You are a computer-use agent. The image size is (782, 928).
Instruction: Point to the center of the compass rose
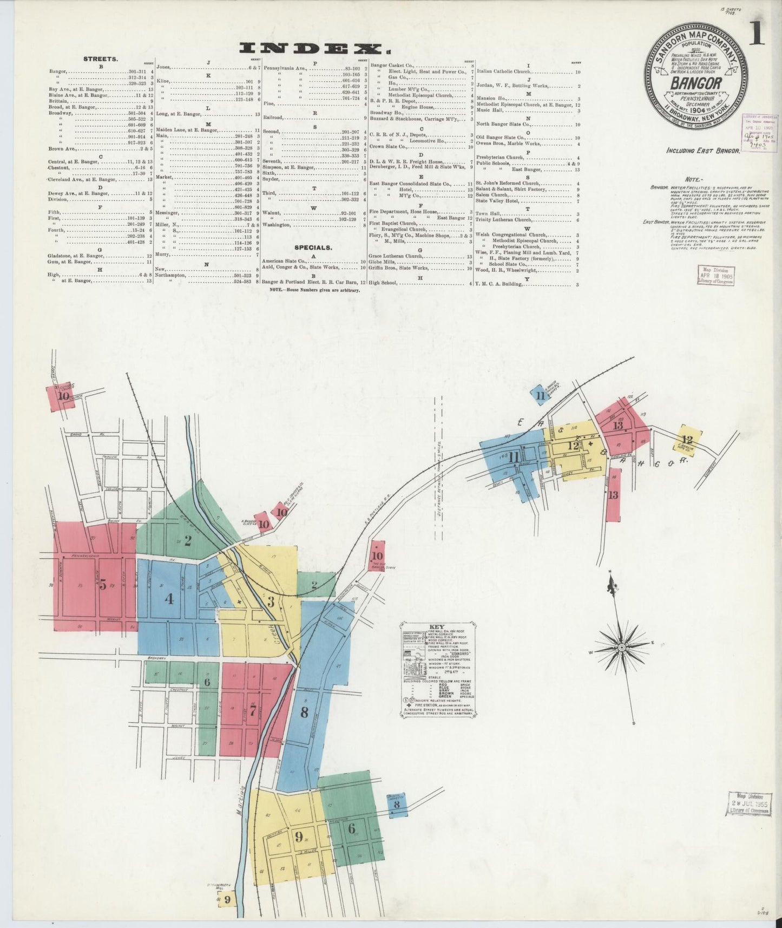(622, 647)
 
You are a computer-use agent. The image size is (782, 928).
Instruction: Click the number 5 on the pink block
(103, 585)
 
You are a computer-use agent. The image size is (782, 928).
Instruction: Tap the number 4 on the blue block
(170, 599)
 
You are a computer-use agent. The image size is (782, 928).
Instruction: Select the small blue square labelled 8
(397, 805)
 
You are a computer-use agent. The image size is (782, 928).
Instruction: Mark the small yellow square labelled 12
(687, 440)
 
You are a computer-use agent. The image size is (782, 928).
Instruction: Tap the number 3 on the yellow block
(271, 602)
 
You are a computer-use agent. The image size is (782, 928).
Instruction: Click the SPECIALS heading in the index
(313, 247)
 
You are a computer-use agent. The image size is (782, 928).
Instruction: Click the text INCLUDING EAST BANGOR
(703, 151)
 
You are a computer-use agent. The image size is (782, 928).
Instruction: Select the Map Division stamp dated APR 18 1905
(716, 275)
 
